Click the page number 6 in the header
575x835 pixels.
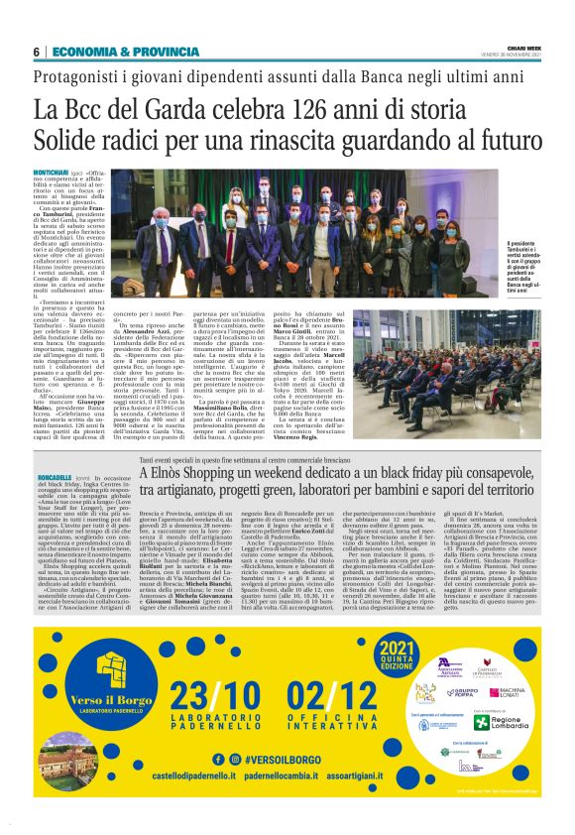36,52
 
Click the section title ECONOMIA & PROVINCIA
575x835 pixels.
111,52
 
